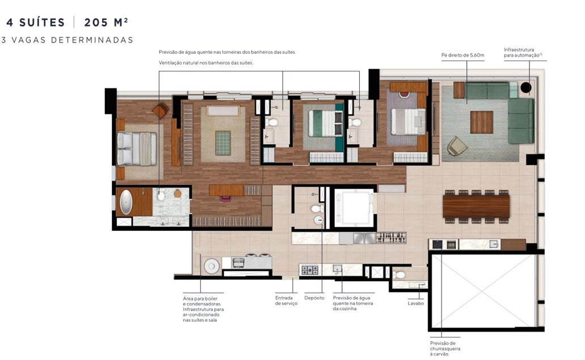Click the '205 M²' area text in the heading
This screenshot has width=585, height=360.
coord(106,23)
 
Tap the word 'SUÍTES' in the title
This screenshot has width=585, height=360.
coord(41,23)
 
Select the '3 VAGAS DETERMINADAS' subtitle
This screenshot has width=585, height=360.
coord(68,40)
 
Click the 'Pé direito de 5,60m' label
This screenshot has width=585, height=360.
coord(462,56)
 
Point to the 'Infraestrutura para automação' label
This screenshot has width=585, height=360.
coord(523,52)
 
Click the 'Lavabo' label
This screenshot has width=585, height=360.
coord(415,303)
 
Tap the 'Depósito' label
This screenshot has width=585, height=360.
coord(314,298)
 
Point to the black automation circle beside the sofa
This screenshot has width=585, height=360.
coord(526,87)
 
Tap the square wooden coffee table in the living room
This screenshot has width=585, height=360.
coord(481,122)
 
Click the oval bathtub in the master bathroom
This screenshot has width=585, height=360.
coord(125,202)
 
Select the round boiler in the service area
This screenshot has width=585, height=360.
coord(212,265)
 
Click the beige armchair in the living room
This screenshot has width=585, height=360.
coord(457,146)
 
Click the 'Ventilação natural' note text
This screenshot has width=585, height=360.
coord(206,63)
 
